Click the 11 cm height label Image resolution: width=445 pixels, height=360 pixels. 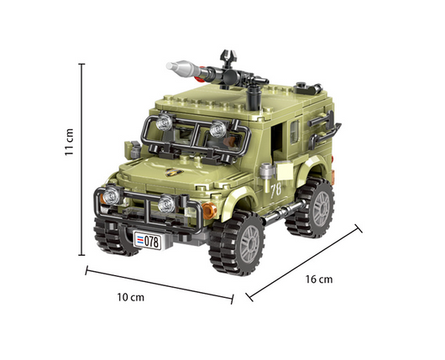(x=69, y=142)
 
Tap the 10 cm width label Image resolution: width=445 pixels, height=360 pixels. (x=130, y=297)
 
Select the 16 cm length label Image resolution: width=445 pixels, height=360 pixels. (x=319, y=279)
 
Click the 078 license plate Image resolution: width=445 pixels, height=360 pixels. (x=148, y=241)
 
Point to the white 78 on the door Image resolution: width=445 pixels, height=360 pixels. (x=275, y=190)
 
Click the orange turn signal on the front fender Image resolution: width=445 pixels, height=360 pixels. (x=210, y=211)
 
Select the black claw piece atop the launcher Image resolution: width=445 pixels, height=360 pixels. (x=228, y=58)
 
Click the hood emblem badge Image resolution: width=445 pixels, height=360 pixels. (x=174, y=172)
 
